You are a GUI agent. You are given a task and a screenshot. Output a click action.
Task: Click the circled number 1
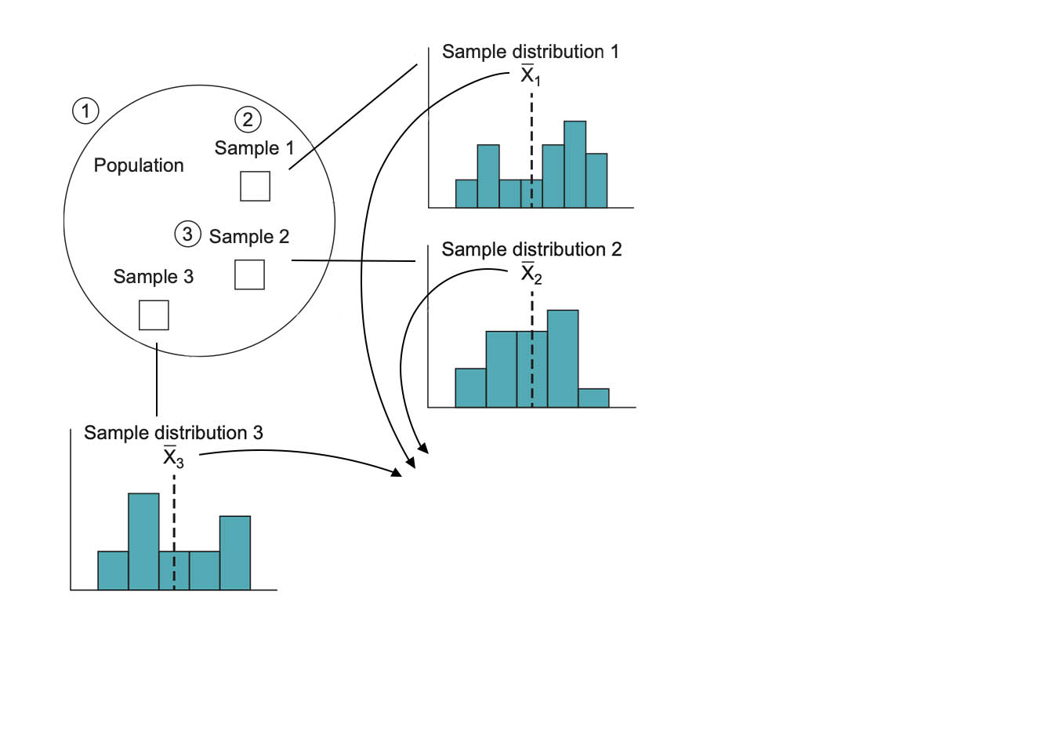coord(85,111)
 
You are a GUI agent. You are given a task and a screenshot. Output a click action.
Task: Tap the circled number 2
coord(248,119)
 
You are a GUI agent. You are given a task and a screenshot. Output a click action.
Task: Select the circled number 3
coord(187,234)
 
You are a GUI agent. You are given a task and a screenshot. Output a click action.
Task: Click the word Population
coord(139,165)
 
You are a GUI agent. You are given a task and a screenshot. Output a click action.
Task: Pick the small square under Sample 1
coord(255,187)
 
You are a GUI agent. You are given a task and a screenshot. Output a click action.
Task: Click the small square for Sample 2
coord(249,274)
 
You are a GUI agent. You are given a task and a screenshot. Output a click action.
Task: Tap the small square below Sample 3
coord(154,315)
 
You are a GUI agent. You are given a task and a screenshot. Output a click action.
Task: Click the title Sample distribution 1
coord(530,52)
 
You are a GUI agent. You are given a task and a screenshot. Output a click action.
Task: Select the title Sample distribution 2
coord(531,249)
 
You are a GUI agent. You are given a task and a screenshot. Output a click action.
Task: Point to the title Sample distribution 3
coord(173,433)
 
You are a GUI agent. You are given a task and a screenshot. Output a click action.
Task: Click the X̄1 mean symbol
coord(531,75)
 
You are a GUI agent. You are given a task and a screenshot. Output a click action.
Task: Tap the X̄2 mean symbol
coord(531,274)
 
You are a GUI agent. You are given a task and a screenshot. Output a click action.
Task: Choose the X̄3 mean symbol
coord(173,457)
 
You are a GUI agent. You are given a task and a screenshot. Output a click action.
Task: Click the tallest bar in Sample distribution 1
coord(575,165)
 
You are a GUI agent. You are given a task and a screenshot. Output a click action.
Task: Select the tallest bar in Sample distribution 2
coord(562,358)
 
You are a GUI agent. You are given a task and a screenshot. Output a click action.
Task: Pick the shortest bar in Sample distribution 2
coord(593,398)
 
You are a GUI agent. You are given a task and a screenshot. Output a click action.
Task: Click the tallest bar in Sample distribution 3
coord(143,541)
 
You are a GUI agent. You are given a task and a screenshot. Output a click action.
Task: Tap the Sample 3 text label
coord(154,277)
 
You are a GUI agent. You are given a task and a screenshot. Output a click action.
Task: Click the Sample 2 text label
coord(249,237)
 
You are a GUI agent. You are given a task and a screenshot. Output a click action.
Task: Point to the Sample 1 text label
coord(254,148)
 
